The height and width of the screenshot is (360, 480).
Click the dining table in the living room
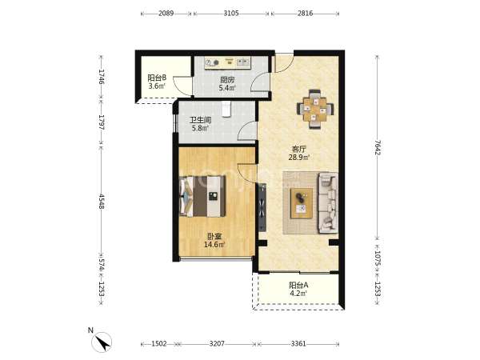(x=315, y=109)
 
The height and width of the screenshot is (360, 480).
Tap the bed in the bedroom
(x=202, y=196)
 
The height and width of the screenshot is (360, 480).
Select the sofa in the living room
(x=328, y=203)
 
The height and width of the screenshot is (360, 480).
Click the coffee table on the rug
(x=302, y=203)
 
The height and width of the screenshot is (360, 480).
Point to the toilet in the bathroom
(x=226, y=110)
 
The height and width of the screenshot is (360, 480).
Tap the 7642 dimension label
(x=378, y=147)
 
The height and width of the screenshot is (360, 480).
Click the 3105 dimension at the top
(x=231, y=13)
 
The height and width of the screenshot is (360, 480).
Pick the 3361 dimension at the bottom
(x=298, y=344)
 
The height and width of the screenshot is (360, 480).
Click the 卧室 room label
(x=214, y=236)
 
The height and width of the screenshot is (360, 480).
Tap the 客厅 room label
(x=298, y=150)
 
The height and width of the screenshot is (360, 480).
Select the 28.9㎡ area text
(x=298, y=158)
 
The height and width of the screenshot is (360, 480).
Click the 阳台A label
(x=298, y=286)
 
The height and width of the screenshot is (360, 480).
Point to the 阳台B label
(x=157, y=78)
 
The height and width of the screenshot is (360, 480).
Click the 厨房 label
(x=227, y=80)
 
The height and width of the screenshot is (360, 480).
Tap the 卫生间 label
(x=201, y=120)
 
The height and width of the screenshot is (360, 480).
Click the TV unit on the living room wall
(x=262, y=207)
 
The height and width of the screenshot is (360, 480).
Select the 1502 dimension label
(x=159, y=344)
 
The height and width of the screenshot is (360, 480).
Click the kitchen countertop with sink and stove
(x=228, y=63)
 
